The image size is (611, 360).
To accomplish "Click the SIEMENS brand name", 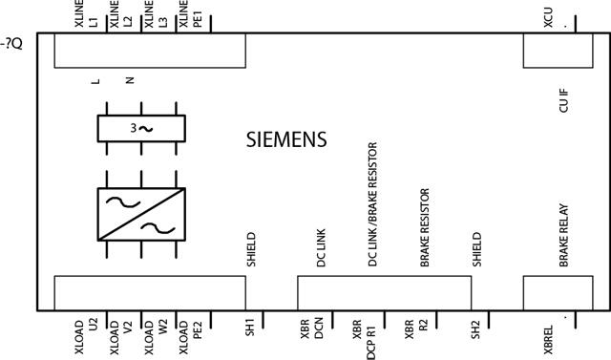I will (x=286, y=139).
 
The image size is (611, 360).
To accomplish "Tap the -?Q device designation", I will (x=12, y=42).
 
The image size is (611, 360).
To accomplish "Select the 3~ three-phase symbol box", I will (x=140, y=128).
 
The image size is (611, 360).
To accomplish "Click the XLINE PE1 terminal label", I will (x=191, y=18).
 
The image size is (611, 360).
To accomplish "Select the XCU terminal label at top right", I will (x=548, y=18).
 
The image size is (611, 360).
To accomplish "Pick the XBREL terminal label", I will (x=548, y=336).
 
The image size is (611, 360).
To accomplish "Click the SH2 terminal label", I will (x=475, y=331).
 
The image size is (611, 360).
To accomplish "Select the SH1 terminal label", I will (x=249, y=331).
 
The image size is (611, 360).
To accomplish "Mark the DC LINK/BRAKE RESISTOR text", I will (x=372, y=220).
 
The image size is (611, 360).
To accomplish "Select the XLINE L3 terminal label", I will (x=156, y=18).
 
